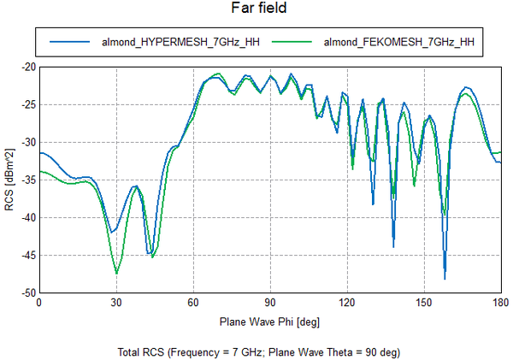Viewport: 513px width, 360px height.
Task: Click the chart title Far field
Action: coord(259,8)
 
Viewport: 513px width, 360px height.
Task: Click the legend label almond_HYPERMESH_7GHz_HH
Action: coord(180,42)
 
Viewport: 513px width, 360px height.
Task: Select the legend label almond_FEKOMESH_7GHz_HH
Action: coord(398,42)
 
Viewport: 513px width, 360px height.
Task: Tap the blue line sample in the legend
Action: coord(69,42)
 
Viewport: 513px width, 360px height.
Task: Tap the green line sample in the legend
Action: coord(292,42)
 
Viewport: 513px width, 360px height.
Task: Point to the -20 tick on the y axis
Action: coord(29,68)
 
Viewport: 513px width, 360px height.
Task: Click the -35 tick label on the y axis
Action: coord(29,180)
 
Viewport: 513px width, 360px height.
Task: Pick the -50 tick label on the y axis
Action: coord(29,293)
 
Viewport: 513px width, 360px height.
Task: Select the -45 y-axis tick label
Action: coord(29,256)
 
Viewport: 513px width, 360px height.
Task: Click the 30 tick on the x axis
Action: coord(116,303)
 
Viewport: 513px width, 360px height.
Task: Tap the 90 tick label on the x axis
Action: coord(270,303)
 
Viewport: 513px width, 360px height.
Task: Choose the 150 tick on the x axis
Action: coord(424,303)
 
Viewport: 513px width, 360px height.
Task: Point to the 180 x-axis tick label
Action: coord(501,303)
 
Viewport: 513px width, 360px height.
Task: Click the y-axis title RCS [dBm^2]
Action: coord(9,180)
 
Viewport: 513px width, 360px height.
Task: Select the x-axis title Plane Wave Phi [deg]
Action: coord(269,322)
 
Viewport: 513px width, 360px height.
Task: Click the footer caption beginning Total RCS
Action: coord(259,352)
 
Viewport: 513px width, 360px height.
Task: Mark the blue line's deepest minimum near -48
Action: coord(445,279)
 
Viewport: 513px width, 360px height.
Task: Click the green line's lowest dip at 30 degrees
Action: coord(117,274)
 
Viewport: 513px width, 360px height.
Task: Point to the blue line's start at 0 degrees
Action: coord(40,153)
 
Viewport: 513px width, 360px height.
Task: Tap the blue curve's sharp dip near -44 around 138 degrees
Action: coord(393,247)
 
